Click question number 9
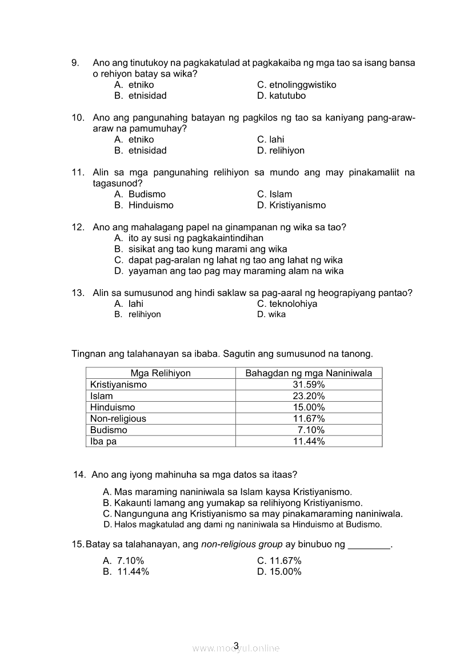(75, 63)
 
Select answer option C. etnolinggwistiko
(297, 85)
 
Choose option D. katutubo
(281, 96)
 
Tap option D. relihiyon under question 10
(281, 151)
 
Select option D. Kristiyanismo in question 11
(291, 205)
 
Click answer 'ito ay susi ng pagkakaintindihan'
(189, 238)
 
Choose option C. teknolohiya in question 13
(287, 304)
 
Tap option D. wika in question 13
(271, 315)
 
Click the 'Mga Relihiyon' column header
(161, 373)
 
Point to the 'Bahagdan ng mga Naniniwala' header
(309, 373)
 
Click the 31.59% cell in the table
(309, 385)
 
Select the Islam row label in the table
(102, 396)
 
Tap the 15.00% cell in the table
(309, 407)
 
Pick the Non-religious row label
(118, 419)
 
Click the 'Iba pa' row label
(103, 442)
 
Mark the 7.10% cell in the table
(311, 430)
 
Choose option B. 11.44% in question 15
(126, 572)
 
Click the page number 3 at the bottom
(236, 646)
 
